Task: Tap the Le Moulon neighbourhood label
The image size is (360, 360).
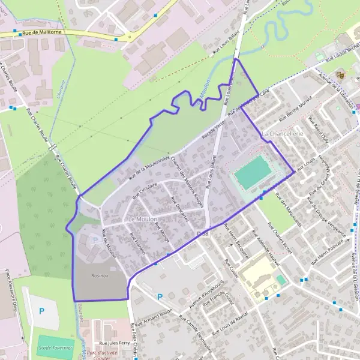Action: (142, 220)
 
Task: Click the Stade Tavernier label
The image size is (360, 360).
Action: (55, 347)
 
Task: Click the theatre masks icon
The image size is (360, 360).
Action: (340, 76)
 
